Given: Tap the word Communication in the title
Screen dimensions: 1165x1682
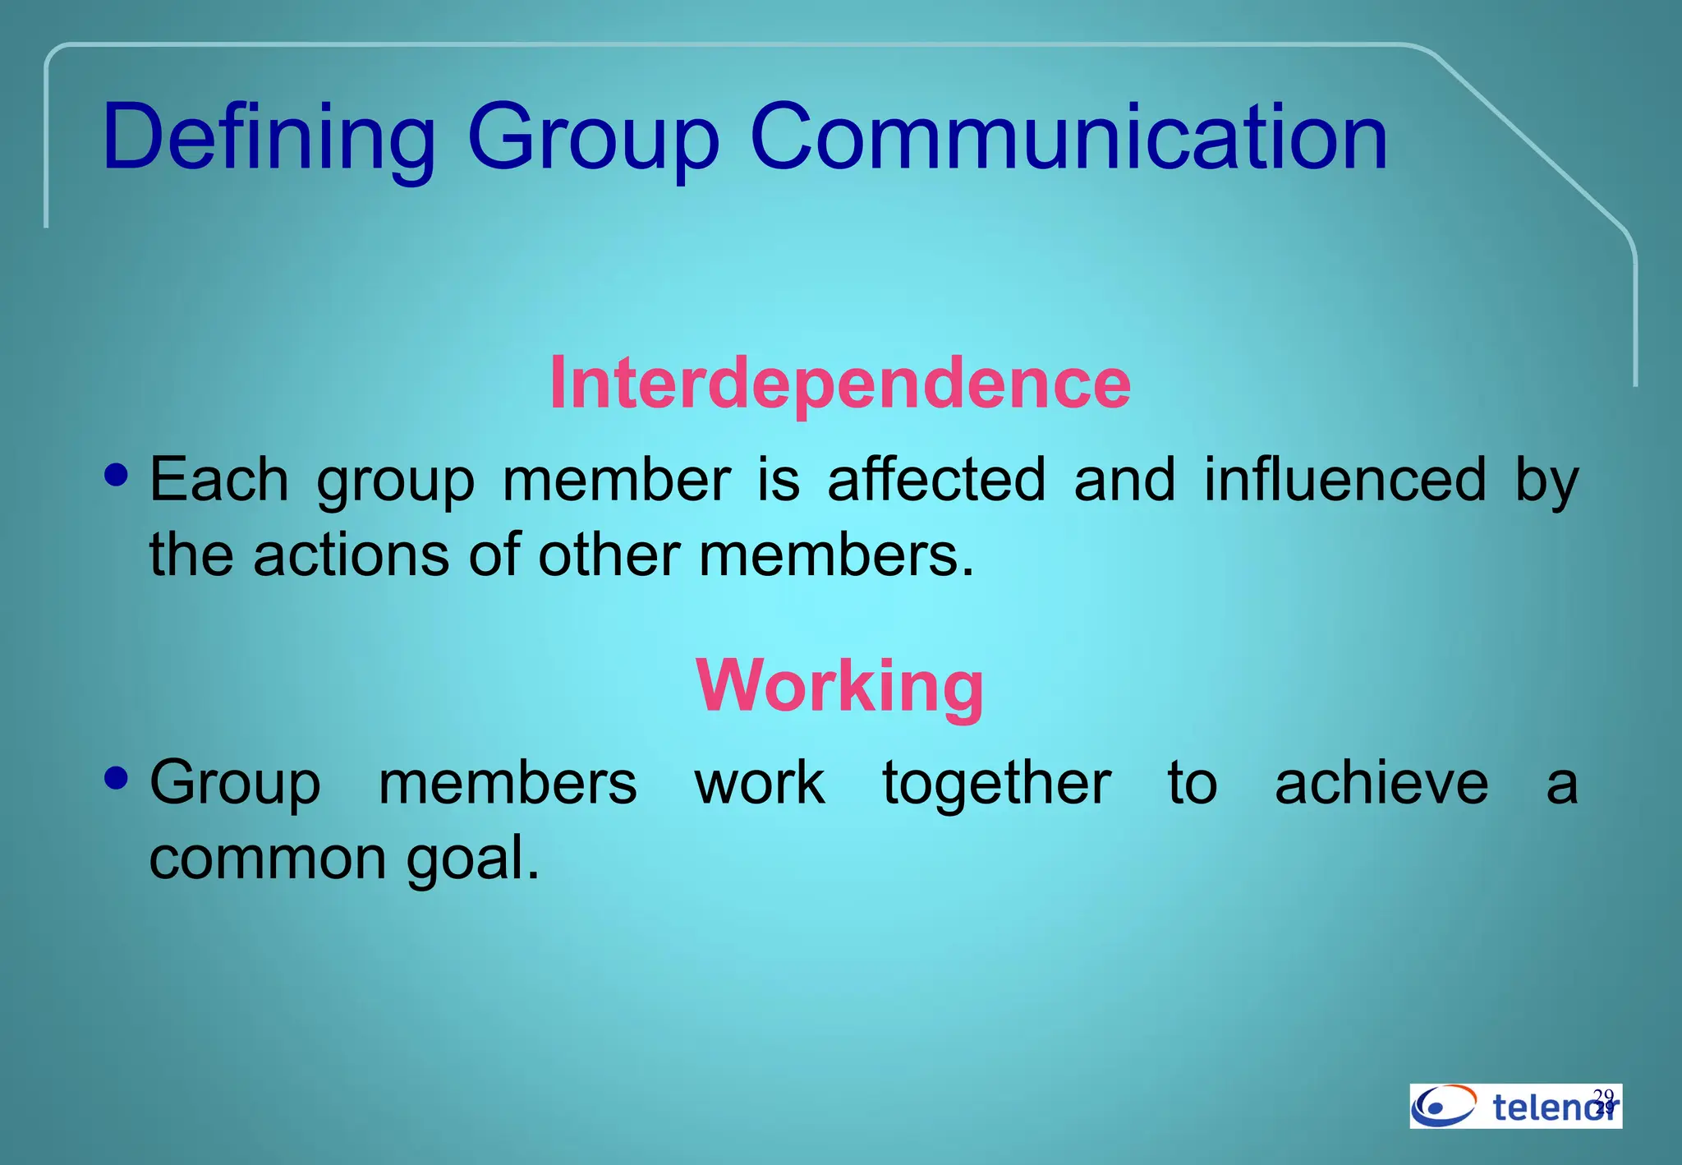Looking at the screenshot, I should click(1068, 137).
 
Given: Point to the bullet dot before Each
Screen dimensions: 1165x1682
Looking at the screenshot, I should click(117, 475).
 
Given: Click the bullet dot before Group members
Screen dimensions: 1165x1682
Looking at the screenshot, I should click(117, 777).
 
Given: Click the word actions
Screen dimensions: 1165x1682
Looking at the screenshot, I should click(352, 555).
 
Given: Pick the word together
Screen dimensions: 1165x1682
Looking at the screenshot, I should click(997, 782).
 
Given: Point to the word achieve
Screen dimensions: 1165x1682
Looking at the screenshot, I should click(1381, 782).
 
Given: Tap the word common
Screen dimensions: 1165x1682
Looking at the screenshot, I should click(268, 858).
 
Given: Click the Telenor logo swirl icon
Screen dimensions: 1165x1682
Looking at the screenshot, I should click(1444, 1106).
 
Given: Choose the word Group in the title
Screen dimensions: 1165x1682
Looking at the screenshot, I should click(593, 137).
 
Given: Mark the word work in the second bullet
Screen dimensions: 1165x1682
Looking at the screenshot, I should click(760, 782).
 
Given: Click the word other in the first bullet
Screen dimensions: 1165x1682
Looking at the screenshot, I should click(609, 555).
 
